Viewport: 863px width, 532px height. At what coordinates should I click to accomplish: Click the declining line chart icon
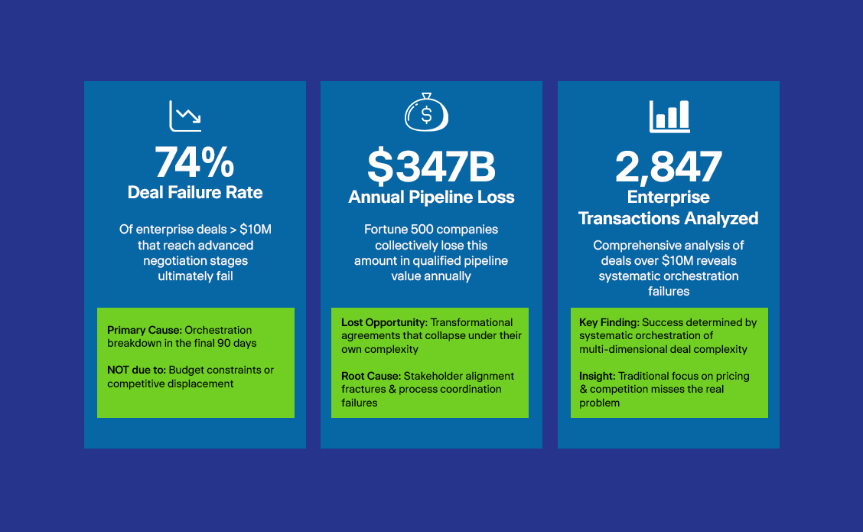tap(185, 116)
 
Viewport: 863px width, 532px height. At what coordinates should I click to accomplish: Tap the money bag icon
tap(427, 113)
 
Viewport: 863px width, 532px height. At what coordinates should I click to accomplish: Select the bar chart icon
tap(669, 116)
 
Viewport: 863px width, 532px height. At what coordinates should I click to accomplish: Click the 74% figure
tap(194, 162)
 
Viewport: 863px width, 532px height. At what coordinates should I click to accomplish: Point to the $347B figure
tap(431, 166)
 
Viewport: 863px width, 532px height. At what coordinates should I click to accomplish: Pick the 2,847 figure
tap(668, 166)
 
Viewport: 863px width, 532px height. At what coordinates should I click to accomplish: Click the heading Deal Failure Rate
tap(195, 193)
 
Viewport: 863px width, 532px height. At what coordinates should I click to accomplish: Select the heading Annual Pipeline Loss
tap(431, 197)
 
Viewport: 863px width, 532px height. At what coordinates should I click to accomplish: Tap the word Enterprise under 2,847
tap(668, 197)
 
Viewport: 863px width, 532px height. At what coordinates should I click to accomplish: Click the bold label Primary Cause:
tap(144, 330)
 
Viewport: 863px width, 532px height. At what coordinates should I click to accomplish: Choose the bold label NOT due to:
tap(136, 370)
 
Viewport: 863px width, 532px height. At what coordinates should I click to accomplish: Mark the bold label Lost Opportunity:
tap(384, 323)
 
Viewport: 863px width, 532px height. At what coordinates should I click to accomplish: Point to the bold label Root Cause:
tap(371, 376)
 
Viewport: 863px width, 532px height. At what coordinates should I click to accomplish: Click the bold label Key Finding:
tap(609, 323)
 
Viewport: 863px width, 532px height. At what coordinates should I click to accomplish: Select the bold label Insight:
tap(598, 376)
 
